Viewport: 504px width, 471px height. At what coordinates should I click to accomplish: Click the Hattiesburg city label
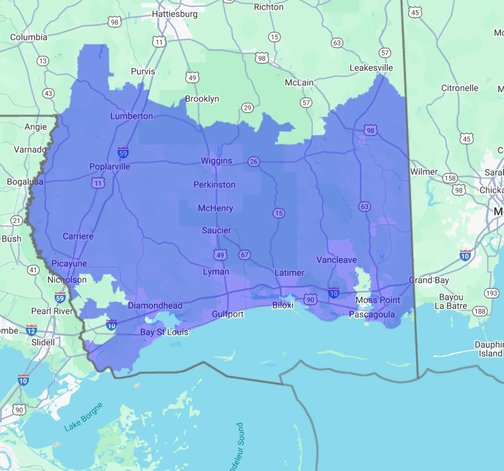(175, 14)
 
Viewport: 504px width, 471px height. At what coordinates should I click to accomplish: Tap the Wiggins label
(216, 161)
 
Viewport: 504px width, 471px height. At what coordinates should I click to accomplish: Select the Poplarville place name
(110, 167)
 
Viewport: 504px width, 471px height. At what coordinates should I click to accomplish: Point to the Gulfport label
(228, 314)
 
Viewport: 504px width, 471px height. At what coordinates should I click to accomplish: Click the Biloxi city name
(283, 305)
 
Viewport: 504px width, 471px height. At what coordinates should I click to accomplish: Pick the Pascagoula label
(372, 315)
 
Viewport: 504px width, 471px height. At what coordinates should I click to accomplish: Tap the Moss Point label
(378, 300)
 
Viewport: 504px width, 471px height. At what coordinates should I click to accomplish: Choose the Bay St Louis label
(164, 332)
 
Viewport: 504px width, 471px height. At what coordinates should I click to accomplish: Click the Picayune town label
(69, 263)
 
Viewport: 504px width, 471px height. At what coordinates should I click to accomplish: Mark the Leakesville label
(371, 68)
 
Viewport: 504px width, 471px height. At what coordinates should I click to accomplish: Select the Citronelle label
(460, 88)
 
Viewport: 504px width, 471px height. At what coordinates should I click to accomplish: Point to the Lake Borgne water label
(83, 417)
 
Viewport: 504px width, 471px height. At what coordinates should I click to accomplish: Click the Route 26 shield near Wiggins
(254, 161)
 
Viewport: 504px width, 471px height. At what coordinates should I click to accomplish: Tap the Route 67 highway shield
(245, 255)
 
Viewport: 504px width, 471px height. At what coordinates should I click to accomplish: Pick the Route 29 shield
(248, 108)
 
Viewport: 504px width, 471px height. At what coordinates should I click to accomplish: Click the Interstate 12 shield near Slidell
(31, 331)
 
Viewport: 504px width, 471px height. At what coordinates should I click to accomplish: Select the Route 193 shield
(492, 293)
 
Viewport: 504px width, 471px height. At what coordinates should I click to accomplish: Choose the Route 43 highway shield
(48, 93)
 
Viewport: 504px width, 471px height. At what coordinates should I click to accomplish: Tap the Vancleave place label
(337, 260)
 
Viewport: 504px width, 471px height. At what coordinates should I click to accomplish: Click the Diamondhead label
(155, 305)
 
